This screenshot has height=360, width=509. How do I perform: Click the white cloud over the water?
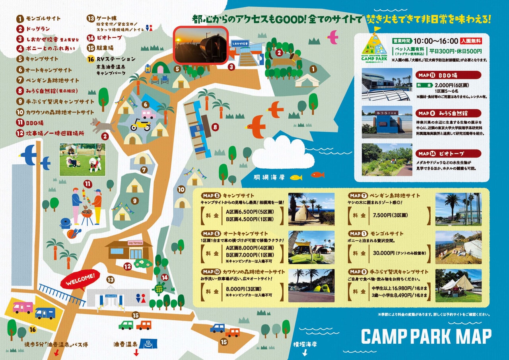283,153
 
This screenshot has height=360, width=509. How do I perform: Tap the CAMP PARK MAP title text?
426,337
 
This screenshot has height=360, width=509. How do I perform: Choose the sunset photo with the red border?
200,45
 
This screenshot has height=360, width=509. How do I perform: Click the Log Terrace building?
129,249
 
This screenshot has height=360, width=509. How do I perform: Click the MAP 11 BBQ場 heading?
448,75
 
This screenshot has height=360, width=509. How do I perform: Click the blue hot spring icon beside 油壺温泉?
148,343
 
